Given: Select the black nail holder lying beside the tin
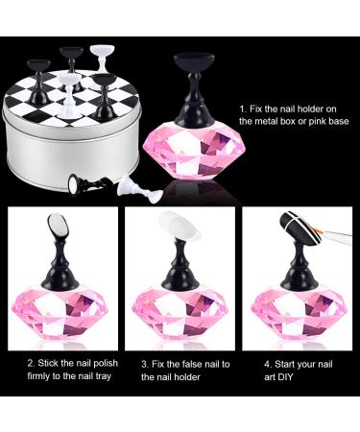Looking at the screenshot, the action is point(90,184).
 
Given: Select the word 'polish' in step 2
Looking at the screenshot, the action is point(107,364).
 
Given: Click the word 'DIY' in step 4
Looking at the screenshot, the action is point(285,376).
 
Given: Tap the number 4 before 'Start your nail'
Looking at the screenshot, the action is point(267,364).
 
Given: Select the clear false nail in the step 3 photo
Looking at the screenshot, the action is point(180,225).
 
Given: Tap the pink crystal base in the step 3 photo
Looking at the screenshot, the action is point(180,314).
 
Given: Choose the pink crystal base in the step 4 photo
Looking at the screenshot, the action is point(300,314).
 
